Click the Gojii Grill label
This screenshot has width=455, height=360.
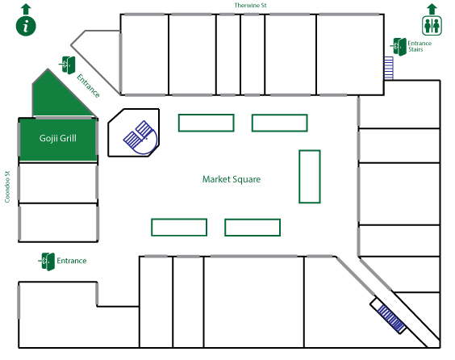58,138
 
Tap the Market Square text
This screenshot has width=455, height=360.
232,179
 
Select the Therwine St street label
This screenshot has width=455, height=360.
250,5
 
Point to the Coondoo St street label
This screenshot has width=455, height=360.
7,186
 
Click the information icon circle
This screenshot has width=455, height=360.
26,26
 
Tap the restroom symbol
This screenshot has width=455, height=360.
432,26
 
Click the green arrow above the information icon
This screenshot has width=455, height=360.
26,9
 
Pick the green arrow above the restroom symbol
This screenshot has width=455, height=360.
432,9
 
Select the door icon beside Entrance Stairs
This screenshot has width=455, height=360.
399,47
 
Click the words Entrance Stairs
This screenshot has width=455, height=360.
420,46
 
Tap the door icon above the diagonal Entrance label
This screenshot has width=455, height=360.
67,65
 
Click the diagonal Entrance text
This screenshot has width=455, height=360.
88,86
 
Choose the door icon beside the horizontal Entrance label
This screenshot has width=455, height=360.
47,262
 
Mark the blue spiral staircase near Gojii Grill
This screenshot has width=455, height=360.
140,137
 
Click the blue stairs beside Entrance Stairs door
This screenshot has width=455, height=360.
389,68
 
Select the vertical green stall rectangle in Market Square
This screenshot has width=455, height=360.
310,177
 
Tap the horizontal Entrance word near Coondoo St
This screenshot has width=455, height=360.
71,261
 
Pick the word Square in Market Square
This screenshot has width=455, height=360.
246,180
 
